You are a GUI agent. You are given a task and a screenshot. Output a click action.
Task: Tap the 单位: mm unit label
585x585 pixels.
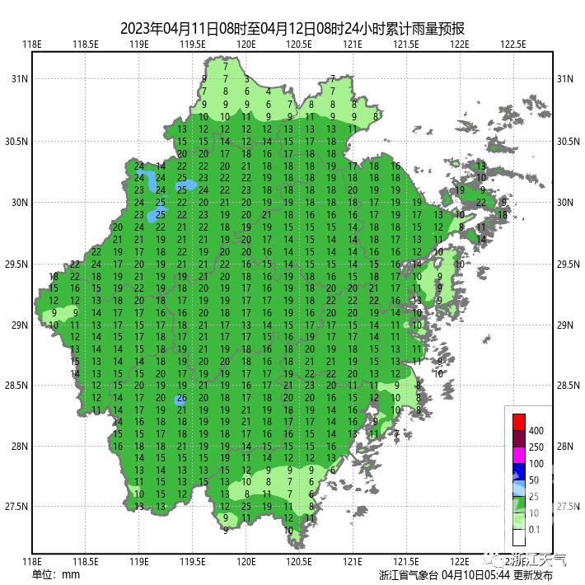click(x=56, y=574)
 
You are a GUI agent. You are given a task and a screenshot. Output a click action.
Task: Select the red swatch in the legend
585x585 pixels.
click(x=518, y=419)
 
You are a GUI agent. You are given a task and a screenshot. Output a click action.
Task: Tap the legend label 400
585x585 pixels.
click(x=536, y=431)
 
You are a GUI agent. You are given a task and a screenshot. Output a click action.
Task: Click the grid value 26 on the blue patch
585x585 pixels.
click(x=180, y=400)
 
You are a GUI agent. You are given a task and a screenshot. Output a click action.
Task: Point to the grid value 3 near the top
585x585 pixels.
click(x=246, y=79)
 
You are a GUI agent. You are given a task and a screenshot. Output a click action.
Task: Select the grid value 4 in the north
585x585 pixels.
click(x=269, y=91)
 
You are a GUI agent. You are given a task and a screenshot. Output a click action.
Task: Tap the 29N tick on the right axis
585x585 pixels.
click(x=564, y=325)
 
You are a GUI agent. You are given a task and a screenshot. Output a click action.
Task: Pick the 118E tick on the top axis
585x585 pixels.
click(x=32, y=44)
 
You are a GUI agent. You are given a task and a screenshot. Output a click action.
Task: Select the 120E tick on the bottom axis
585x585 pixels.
click(x=246, y=561)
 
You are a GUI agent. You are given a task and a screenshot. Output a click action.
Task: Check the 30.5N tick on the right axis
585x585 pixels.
click(x=567, y=142)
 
